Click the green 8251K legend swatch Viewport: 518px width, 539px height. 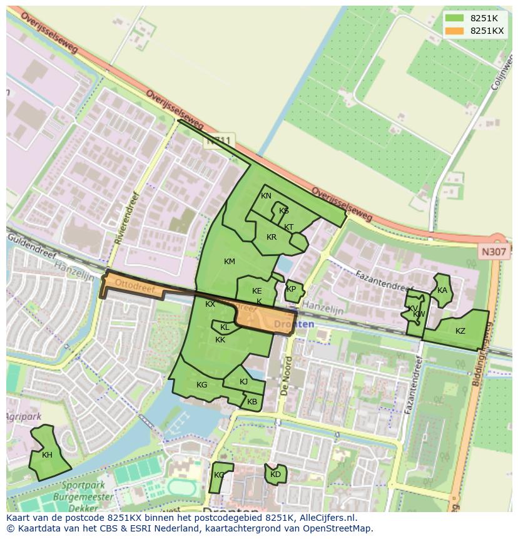[x=454, y=18]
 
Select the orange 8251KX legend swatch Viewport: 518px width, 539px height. [x=454, y=31]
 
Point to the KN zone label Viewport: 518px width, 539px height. [x=266, y=196]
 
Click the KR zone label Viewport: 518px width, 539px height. [x=272, y=237]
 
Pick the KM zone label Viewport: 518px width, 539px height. [x=230, y=261]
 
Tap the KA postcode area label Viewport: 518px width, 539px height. [x=442, y=290]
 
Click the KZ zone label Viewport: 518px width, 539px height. [x=460, y=331]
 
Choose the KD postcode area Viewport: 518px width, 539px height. [x=275, y=475]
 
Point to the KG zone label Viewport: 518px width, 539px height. [x=201, y=385]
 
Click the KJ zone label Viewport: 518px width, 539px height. [x=244, y=381]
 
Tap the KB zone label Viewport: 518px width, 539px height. [x=252, y=402]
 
